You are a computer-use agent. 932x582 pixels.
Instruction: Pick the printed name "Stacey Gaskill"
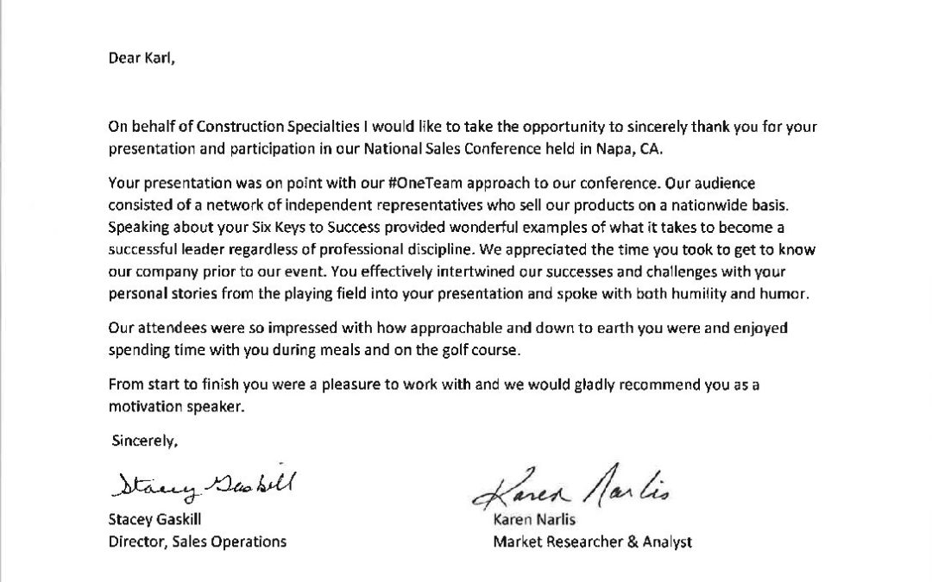pyautogui.click(x=159, y=521)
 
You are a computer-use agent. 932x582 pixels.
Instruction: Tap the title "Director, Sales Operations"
pyautogui.click(x=198, y=541)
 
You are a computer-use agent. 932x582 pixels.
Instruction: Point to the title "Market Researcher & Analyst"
pyautogui.click(x=591, y=541)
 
